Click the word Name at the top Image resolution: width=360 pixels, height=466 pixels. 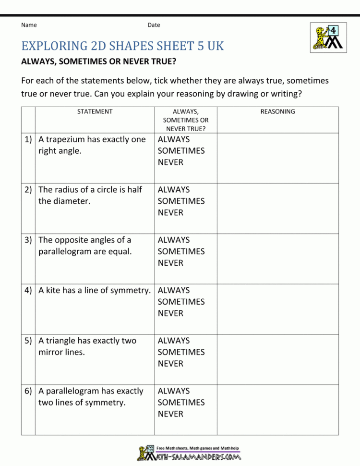click(x=29, y=25)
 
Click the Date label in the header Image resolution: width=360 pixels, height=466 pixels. click(x=154, y=25)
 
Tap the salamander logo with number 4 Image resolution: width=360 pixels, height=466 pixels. click(x=328, y=37)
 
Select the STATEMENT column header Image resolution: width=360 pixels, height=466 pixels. click(x=95, y=111)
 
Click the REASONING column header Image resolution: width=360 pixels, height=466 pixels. click(x=277, y=111)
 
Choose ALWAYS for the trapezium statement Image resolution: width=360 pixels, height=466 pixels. click(x=174, y=139)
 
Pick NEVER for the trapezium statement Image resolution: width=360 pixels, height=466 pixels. click(x=170, y=162)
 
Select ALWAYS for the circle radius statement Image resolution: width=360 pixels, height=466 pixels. click(x=174, y=190)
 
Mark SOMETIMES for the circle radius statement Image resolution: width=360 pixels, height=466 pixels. click(x=181, y=201)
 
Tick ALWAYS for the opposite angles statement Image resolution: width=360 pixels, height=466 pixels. click(x=174, y=240)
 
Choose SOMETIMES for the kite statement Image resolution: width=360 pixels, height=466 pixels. click(x=181, y=302)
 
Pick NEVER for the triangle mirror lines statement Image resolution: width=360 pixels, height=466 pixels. click(x=170, y=364)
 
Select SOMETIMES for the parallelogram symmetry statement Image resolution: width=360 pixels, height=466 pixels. click(x=181, y=403)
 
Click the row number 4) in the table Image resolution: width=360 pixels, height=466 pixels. click(x=28, y=290)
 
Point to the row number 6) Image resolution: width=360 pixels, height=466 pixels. click(x=28, y=391)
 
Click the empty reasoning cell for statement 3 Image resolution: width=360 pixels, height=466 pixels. click(x=277, y=258)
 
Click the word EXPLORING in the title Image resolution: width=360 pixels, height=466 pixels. click(x=54, y=46)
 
